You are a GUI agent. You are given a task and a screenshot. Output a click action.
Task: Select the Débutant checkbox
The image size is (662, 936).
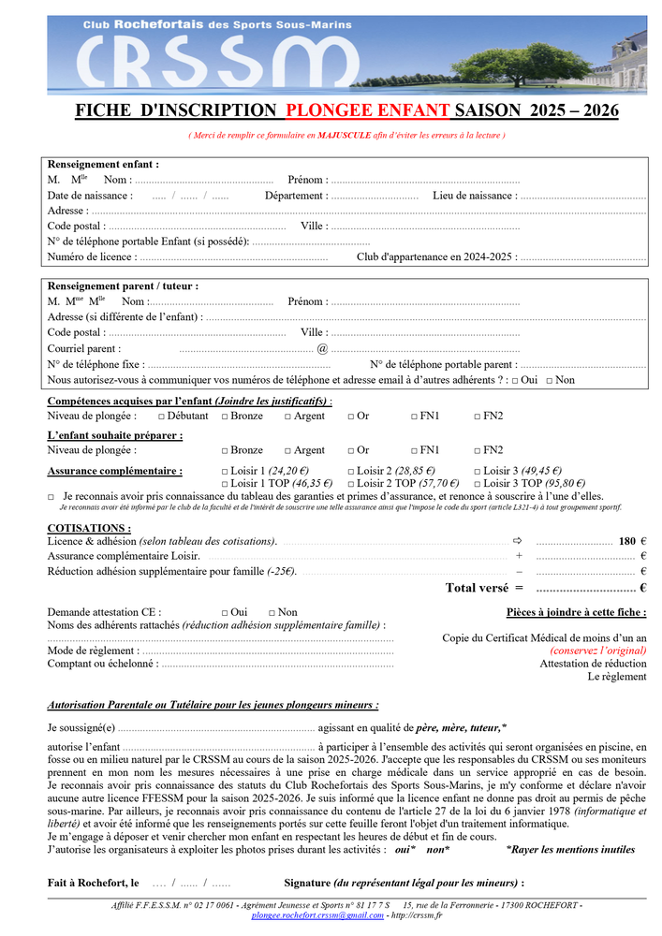(162, 416)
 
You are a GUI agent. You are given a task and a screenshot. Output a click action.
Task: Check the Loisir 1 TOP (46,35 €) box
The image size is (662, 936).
(224, 483)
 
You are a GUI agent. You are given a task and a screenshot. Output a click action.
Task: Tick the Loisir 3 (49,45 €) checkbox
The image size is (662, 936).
(478, 471)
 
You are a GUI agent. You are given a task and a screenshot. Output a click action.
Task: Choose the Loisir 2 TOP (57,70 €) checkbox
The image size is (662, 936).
(351, 483)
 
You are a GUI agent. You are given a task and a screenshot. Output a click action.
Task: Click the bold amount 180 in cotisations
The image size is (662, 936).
(627, 541)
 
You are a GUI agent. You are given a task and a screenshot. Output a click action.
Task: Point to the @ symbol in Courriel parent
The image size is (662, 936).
(322, 348)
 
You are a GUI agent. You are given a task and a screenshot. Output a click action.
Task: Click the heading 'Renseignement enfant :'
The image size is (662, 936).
(103, 164)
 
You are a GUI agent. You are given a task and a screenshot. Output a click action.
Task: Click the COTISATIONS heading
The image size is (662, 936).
(89, 528)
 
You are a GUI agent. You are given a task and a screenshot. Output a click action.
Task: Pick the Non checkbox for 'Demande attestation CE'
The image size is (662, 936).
(272, 612)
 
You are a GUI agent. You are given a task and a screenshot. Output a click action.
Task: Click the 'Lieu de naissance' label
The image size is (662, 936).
(474, 196)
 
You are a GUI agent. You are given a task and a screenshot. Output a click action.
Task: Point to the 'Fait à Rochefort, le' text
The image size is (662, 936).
(93, 883)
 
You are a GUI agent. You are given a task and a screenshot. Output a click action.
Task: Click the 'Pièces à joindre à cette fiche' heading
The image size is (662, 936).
(576, 612)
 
